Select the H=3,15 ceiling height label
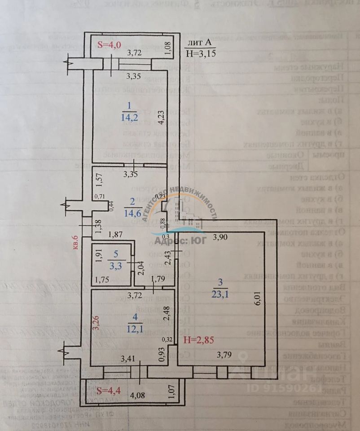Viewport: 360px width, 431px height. (x=201, y=53)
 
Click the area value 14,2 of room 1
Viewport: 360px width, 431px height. (x=129, y=118)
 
